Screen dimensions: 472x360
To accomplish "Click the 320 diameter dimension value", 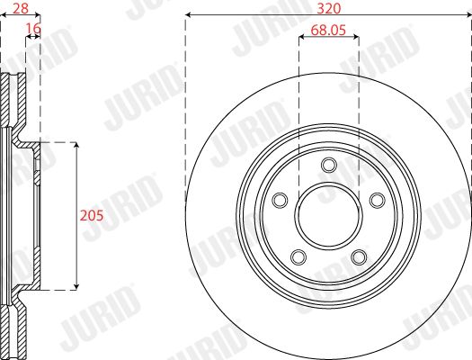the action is point(329,8).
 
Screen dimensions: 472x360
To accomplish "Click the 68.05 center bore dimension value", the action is point(328,30).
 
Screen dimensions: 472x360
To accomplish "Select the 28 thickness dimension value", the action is point(21,8).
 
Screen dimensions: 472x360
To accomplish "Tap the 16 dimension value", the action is point(33,28).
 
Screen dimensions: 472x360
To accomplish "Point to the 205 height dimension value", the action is point(91,215).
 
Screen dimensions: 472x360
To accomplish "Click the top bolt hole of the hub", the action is point(329,165).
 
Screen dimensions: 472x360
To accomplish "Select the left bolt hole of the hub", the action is point(280,200).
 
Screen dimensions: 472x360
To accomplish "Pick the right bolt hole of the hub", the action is point(378,200).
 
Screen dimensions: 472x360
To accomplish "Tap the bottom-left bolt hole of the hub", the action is point(298,257).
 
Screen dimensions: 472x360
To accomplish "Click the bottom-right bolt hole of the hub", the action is point(359,257).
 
